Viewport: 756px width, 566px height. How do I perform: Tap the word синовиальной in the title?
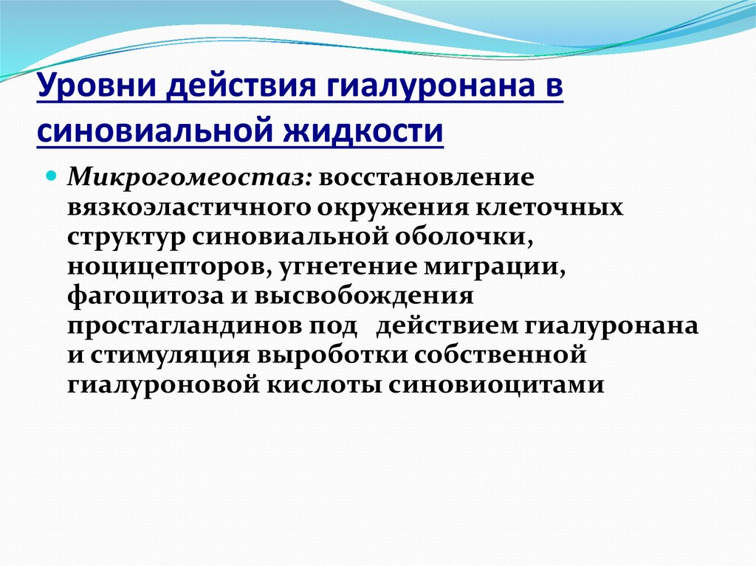151,132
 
